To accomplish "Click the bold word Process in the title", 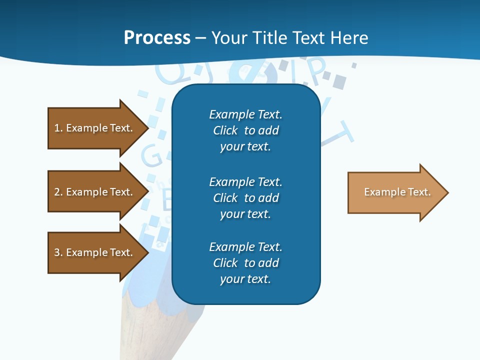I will point(157,38).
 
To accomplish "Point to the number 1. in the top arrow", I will point(58,128).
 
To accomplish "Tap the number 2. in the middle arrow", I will point(58,192).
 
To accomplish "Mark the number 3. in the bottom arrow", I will point(58,252).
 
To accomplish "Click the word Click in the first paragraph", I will point(225,130).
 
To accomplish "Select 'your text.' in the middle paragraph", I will point(245,214).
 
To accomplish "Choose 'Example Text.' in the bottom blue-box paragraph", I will point(245,247).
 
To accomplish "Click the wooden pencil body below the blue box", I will point(160,330).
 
